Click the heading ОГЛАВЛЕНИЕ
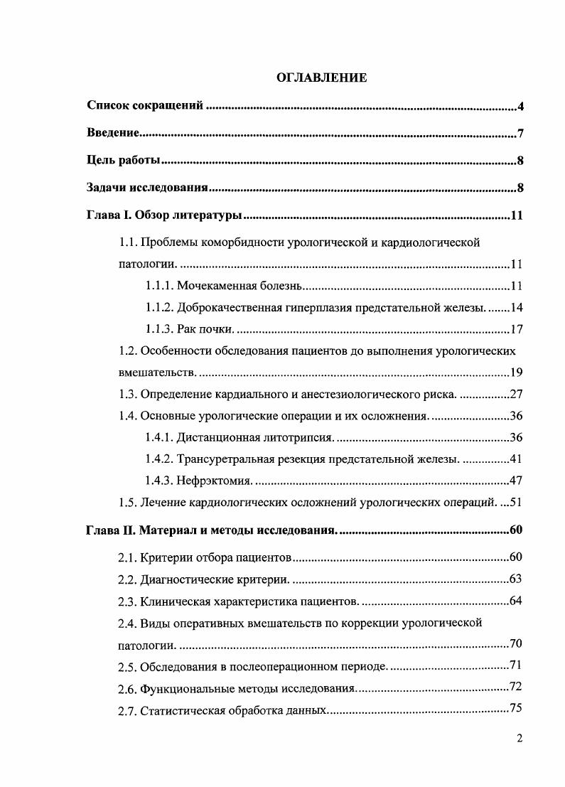click(321, 78)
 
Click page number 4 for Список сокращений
click(520, 107)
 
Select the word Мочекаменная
click(212, 287)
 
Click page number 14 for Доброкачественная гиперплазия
click(517, 308)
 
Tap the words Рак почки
click(205, 329)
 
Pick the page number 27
click(517, 395)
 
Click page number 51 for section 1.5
click(517, 503)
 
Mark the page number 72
click(517, 688)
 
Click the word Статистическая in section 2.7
click(181, 710)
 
